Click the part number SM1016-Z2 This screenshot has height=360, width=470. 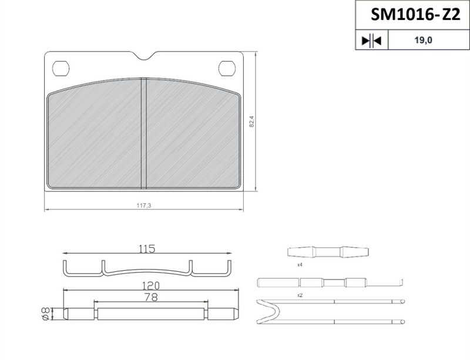click(x=415, y=14)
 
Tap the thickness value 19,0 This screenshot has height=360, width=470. click(x=423, y=40)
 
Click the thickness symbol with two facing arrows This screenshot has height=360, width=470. click(x=371, y=40)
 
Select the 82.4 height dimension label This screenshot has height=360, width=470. click(x=251, y=122)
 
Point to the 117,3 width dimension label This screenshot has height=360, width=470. click(x=144, y=206)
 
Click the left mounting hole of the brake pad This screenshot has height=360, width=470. click(x=61, y=69)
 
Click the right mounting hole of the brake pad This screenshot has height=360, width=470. click(x=227, y=68)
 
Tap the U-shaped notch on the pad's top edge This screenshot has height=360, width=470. click(x=145, y=56)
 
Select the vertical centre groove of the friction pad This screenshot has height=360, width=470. click(x=143, y=133)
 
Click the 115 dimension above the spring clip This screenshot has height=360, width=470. click(x=147, y=248)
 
